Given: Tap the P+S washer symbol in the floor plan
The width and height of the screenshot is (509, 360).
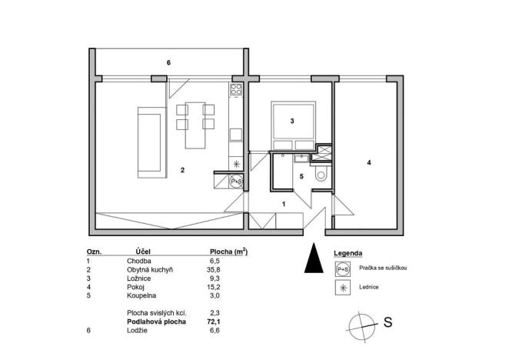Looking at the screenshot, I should pos(237,182).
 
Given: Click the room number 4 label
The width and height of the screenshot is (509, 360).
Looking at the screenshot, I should pos(369,163).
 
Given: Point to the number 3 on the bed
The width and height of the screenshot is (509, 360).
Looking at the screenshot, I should pos(292,121).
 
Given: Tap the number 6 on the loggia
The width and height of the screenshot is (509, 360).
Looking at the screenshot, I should pos(168,62).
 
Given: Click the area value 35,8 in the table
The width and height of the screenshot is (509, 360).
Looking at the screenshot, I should pos(226,271).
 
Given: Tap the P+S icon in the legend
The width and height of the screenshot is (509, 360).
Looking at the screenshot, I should pos(341,268).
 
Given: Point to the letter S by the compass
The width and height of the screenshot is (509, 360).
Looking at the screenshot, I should pos(388,323).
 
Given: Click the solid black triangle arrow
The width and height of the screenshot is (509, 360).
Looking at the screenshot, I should pos(311,258).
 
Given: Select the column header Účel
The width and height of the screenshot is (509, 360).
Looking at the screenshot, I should pos(142,252).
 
